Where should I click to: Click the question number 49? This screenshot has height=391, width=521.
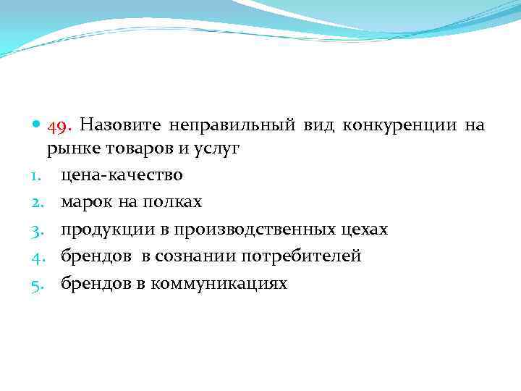(59, 126)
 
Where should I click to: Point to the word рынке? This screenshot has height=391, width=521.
(70, 150)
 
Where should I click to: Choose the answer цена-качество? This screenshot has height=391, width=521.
(122, 175)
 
